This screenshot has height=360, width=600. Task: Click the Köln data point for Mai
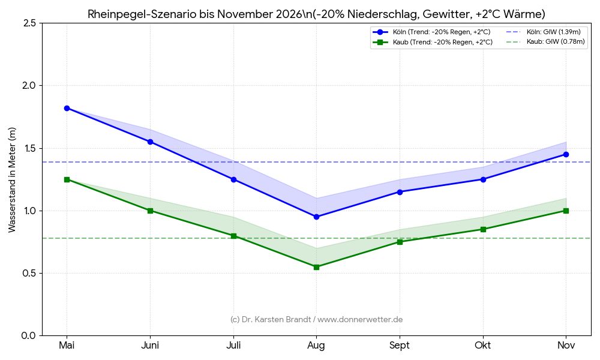tap(67, 108)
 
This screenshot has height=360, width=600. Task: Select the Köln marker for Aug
tap(316, 217)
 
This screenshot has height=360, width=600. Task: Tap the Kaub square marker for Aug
tap(316, 267)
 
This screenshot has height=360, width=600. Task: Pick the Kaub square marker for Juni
tap(150, 211)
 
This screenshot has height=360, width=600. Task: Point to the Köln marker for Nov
tap(566, 154)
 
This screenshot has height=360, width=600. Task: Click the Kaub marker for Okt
tap(483, 229)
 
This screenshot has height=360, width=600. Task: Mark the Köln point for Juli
tap(233, 179)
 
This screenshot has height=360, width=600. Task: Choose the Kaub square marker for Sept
tap(400, 242)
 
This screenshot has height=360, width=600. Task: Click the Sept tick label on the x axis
tap(400, 346)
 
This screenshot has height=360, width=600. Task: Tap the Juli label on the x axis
tap(233, 346)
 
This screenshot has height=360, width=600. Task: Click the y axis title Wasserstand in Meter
tap(12, 179)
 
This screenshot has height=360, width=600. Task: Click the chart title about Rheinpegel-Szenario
tap(316, 14)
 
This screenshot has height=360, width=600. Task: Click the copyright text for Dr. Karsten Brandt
tap(316, 320)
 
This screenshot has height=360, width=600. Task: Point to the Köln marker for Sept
tap(400, 192)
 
